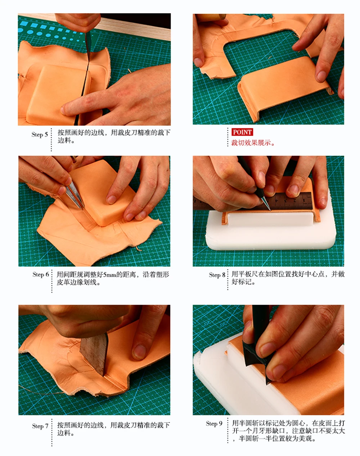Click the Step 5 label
pos(40,134)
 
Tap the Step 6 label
pos(41,274)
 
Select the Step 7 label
pos(40,426)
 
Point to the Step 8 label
pos(217,275)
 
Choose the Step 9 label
pos(214,424)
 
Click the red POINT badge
pos(242,132)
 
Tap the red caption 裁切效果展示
pos(253,143)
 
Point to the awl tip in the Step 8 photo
pos(270,210)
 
